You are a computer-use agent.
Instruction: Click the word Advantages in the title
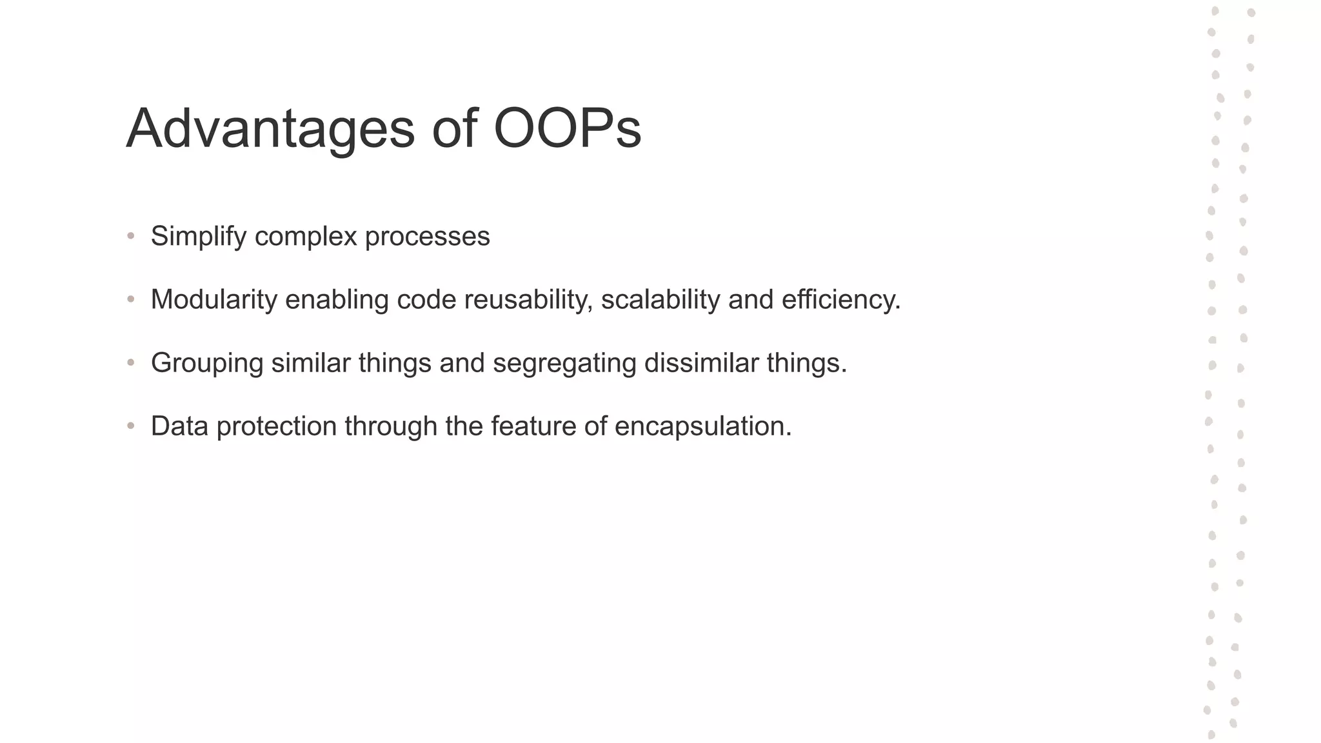point(270,129)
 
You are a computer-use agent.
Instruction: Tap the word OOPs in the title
point(567,129)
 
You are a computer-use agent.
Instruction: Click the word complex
point(306,237)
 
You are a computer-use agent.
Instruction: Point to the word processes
point(427,237)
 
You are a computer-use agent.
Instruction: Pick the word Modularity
point(214,300)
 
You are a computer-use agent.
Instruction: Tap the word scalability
point(660,300)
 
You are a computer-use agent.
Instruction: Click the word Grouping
point(206,363)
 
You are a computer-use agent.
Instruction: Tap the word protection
point(276,426)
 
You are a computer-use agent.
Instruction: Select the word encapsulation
point(702,426)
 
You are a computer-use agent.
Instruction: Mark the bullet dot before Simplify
point(131,237)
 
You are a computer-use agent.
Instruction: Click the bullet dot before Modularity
point(131,300)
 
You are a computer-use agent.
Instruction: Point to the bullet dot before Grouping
point(131,363)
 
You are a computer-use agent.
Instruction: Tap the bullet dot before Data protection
point(131,426)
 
